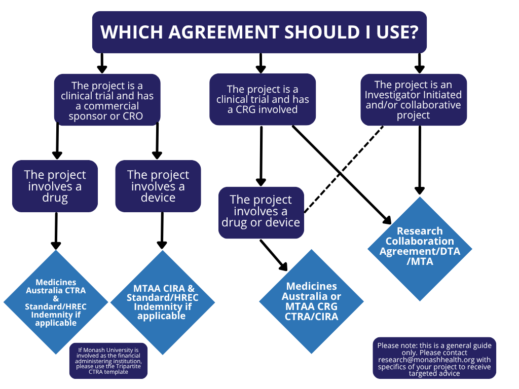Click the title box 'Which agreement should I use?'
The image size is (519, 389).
pyautogui.click(x=259, y=32)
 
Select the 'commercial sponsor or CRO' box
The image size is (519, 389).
pyautogui.click(x=107, y=100)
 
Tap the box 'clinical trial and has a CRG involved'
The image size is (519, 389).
pyautogui.click(x=263, y=99)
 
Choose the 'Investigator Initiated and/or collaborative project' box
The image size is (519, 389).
pyautogui.click(x=413, y=100)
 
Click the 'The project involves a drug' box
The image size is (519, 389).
pyautogui.click(x=55, y=186)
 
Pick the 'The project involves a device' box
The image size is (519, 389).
pyautogui.click(x=158, y=186)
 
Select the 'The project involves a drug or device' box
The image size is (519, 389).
pyautogui.click(x=261, y=212)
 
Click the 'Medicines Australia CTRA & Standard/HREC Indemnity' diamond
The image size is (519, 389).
pyautogui.click(x=56, y=302)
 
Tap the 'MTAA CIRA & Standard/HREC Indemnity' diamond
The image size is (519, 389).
pyautogui.click(x=162, y=302)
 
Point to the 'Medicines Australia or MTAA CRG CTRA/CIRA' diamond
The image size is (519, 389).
pyautogui.click(x=311, y=302)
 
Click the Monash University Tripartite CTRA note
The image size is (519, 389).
pyautogui.click(x=108, y=361)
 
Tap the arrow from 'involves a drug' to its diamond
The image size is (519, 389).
pyautogui.click(x=56, y=230)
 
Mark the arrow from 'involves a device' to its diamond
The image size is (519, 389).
pyautogui.click(x=162, y=230)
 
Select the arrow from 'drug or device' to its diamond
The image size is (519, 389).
pyautogui.click(x=274, y=255)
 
